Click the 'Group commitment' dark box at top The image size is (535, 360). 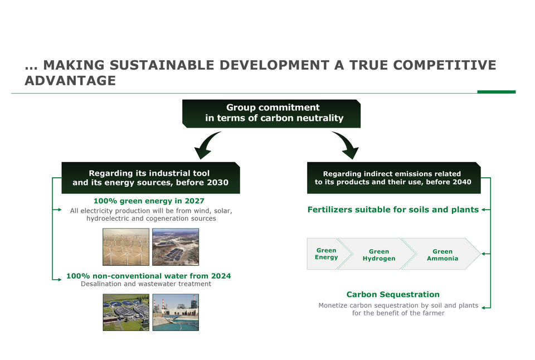(x=271, y=114)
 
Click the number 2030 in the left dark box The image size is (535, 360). (x=218, y=183)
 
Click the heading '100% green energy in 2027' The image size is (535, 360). (x=149, y=201)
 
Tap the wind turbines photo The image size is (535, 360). (x=126, y=247)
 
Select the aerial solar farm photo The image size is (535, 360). (x=176, y=247)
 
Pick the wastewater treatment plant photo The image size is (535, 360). (x=126, y=312)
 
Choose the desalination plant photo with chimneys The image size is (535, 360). (x=176, y=312)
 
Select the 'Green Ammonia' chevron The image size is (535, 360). (x=442, y=254)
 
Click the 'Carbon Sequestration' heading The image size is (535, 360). (x=393, y=294)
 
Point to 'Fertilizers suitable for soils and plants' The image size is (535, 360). (x=393, y=210)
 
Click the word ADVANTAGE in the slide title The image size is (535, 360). (x=70, y=81)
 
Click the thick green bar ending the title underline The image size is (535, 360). (x=497, y=92)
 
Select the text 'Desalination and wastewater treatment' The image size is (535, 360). (x=146, y=284)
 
